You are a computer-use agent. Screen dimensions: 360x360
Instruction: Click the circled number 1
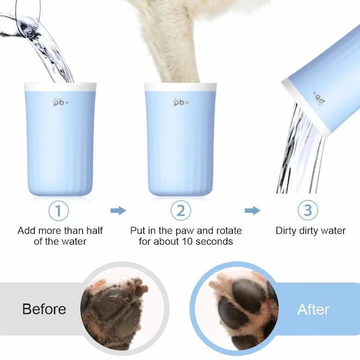click(58, 210)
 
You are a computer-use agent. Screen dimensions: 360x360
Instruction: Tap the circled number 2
click(181, 210)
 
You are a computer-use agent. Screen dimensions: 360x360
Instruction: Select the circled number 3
click(307, 210)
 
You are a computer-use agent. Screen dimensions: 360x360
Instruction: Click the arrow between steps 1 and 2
click(118, 211)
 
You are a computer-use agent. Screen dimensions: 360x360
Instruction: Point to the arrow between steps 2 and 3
click(253, 211)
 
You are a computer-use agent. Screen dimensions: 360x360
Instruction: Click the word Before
click(44, 310)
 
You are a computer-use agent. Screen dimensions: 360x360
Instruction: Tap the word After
click(313, 310)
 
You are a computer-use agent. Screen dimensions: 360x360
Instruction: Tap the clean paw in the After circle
click(240, 306)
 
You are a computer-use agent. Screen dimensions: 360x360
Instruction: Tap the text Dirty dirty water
click(310, 230)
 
